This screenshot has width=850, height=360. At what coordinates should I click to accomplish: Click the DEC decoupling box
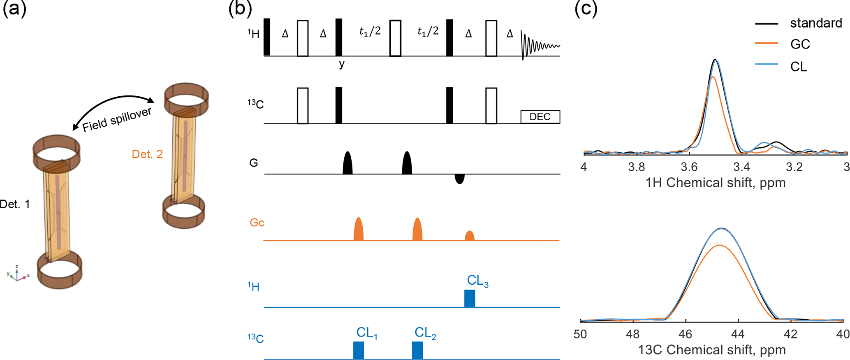click(540, 117)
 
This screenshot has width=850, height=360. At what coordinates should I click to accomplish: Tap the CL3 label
click(477, 281)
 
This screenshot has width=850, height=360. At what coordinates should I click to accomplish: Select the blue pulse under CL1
click(358, 350)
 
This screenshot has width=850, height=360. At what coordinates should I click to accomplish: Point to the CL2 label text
click(425, 333)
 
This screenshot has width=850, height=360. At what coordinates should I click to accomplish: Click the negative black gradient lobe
click(460, 179)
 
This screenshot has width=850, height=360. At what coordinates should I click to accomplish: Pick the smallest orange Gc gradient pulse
click(469, 236)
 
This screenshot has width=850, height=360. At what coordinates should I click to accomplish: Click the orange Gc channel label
click(257, 223)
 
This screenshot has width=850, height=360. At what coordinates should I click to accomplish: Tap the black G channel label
click(254, 163)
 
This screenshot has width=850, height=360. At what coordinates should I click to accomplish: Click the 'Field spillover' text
click(117, 120)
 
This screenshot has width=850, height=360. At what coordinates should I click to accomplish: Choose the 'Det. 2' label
click(147, 154)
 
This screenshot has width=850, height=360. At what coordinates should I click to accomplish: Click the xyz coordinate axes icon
click(17, 274)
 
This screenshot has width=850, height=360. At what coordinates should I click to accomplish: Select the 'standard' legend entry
click(815, 23)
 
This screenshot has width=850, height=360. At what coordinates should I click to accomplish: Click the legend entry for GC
click(800, 44)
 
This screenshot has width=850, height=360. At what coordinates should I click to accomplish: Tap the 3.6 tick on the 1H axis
click(689, 167)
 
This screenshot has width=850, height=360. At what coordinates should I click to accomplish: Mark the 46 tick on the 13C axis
click(686, 334)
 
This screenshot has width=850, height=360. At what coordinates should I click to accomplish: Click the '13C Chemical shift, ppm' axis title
click(711, 350)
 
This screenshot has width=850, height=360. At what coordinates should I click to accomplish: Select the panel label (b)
click(240, 8)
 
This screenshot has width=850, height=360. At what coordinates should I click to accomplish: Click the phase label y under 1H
click(342, 64)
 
